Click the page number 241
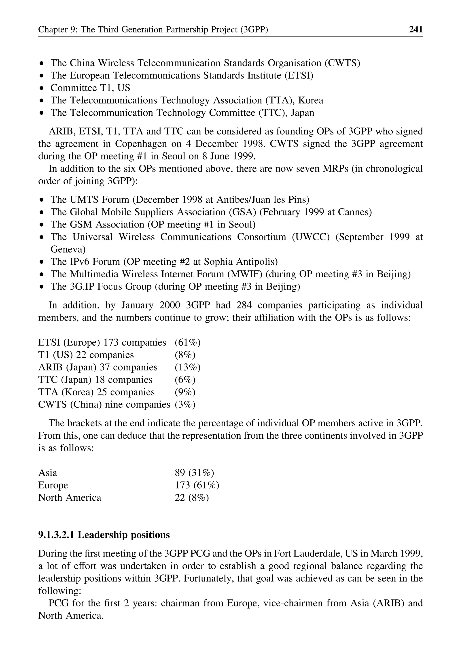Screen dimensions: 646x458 coord(416,29)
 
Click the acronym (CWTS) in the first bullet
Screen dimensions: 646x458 coord(342,63)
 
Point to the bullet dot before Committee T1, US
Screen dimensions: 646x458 coord(42,88)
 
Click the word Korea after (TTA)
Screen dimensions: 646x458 coord(311,100)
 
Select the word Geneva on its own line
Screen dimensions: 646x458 coord(68,249)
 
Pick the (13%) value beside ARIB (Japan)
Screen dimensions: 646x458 coord(188,367)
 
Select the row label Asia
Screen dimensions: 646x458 coord(48,472)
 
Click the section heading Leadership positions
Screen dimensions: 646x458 coord(123,535)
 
